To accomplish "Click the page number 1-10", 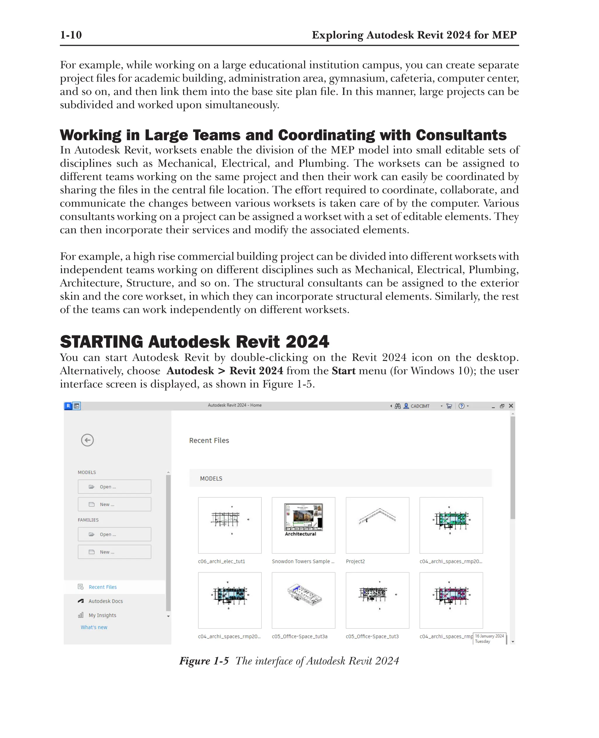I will pyautogui.click(x=71, y=35).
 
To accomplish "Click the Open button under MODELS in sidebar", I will pyautogui.click(x=114, y=486).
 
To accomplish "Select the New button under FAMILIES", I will pyautogui.click(x=114, y=552).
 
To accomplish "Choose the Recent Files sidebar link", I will pyautogui.click(x=102, y=587).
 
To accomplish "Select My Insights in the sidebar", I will pyautogui.click(x=102, y=615).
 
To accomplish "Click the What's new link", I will pyautogui.click(x=94, y=627).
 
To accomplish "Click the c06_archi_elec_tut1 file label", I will pyautogui.click(x=221, y=561).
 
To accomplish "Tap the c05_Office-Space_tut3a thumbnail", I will pyautogui.click(x=303, y=600).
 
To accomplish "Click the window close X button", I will pyautogui.click(x=511, y=406).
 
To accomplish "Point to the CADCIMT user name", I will pyautogui.click(x=420, y=406).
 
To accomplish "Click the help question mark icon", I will pyautogui.click(x=461, y=406).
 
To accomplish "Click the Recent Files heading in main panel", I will pyautogui.click(x=209, y=440).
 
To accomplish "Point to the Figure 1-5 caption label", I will pyautogui.click(x=204, y=661).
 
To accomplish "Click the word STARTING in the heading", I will pyautogui.click(x=101, y=342).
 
